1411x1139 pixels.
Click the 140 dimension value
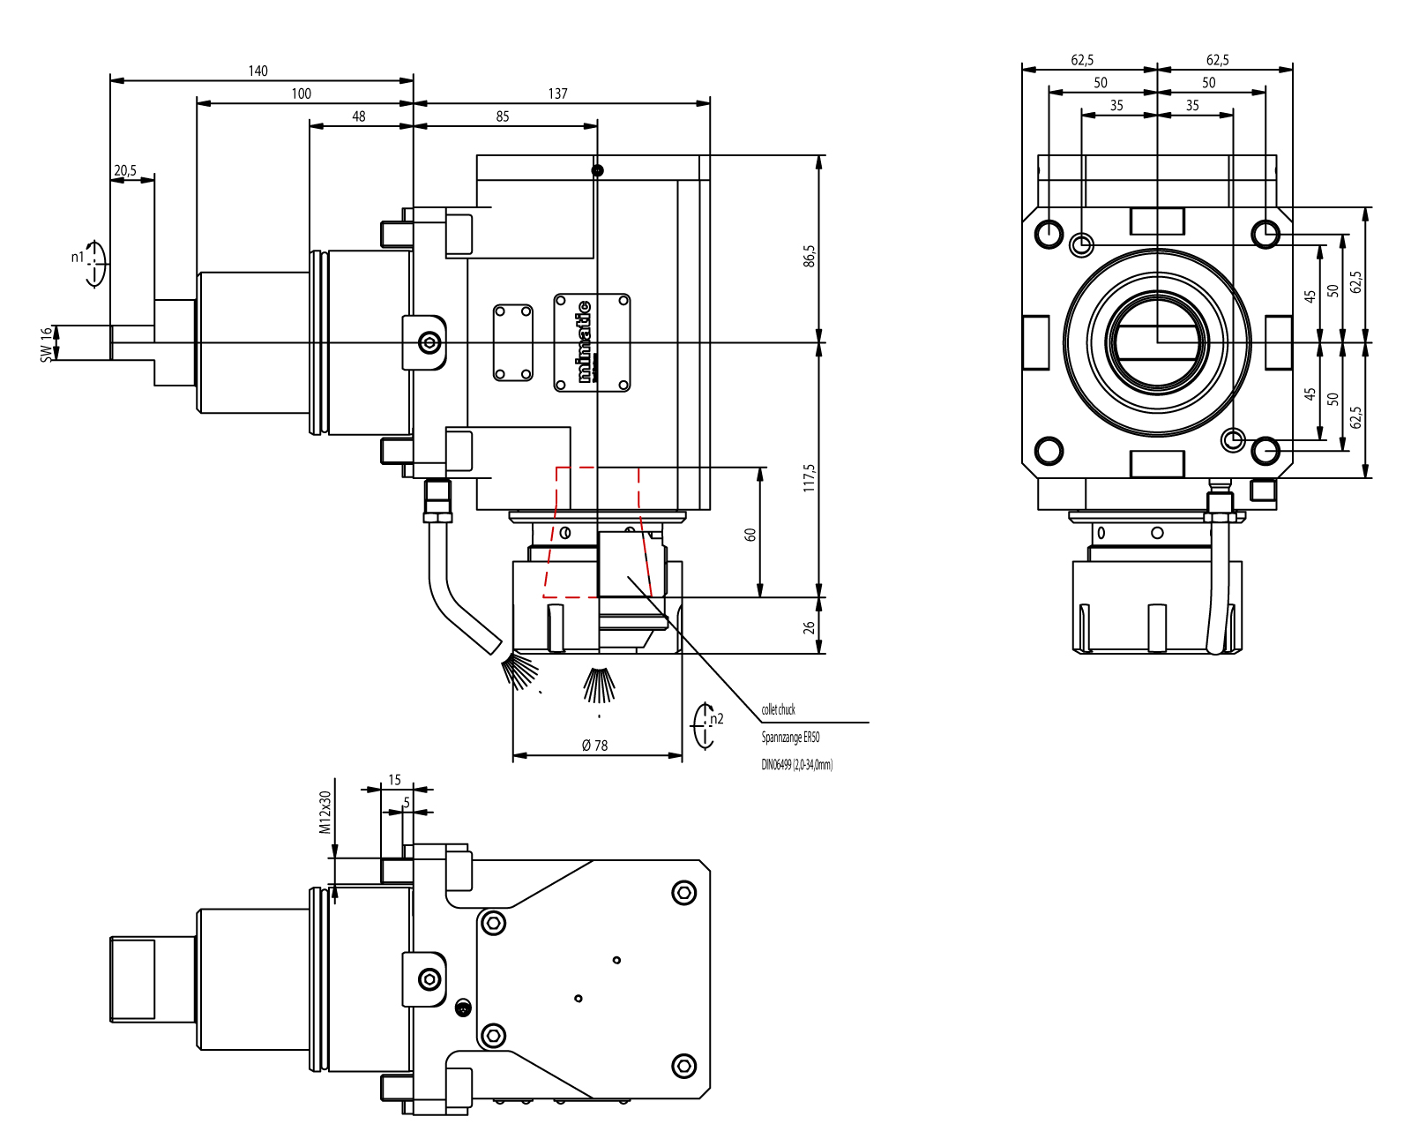click(258, 71)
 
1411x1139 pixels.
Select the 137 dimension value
click(557, 94)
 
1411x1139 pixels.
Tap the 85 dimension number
click(503, 116)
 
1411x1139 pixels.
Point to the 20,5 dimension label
click(125, 170)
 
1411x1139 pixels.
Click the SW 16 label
click(47, 344)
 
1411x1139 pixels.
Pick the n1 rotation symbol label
click(78, 258)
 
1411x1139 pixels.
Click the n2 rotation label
click(716, 719)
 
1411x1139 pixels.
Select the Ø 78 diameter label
click(595, 746)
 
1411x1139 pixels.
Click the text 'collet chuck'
click(779, 709)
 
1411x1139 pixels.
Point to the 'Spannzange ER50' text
click(791, 738)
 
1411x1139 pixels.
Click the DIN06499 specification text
click(797, 765)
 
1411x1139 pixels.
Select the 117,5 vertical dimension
click(810, 477)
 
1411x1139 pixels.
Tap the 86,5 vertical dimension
click(810, 256)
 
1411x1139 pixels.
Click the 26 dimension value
click(810, 628)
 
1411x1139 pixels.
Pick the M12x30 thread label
click(325, 812)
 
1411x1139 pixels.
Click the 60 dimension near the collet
click(750, 535)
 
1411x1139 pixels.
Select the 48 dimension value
click(359, 116)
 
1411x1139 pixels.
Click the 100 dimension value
click(302, 94)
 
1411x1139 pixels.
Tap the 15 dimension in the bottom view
click(394, 780)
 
